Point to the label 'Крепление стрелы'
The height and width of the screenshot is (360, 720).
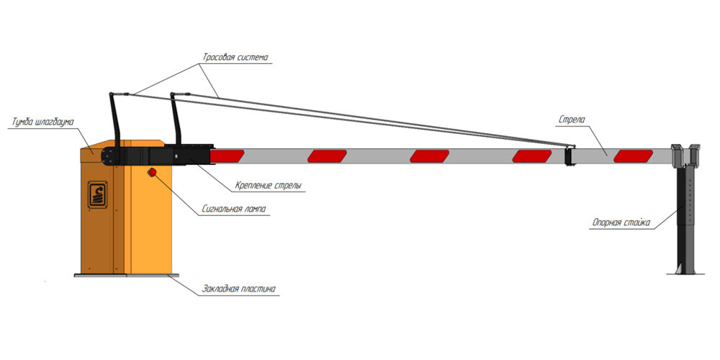coord(268,186)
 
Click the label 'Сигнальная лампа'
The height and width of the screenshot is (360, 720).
coord(234,210)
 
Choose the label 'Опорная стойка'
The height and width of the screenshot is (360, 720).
coord(621,223)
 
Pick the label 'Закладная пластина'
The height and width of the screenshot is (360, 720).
coord(238,289)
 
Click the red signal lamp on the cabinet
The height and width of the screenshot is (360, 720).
coord(153,172)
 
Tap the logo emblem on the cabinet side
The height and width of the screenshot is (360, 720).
coord(96,194)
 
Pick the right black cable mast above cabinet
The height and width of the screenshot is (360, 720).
coord(175,119)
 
